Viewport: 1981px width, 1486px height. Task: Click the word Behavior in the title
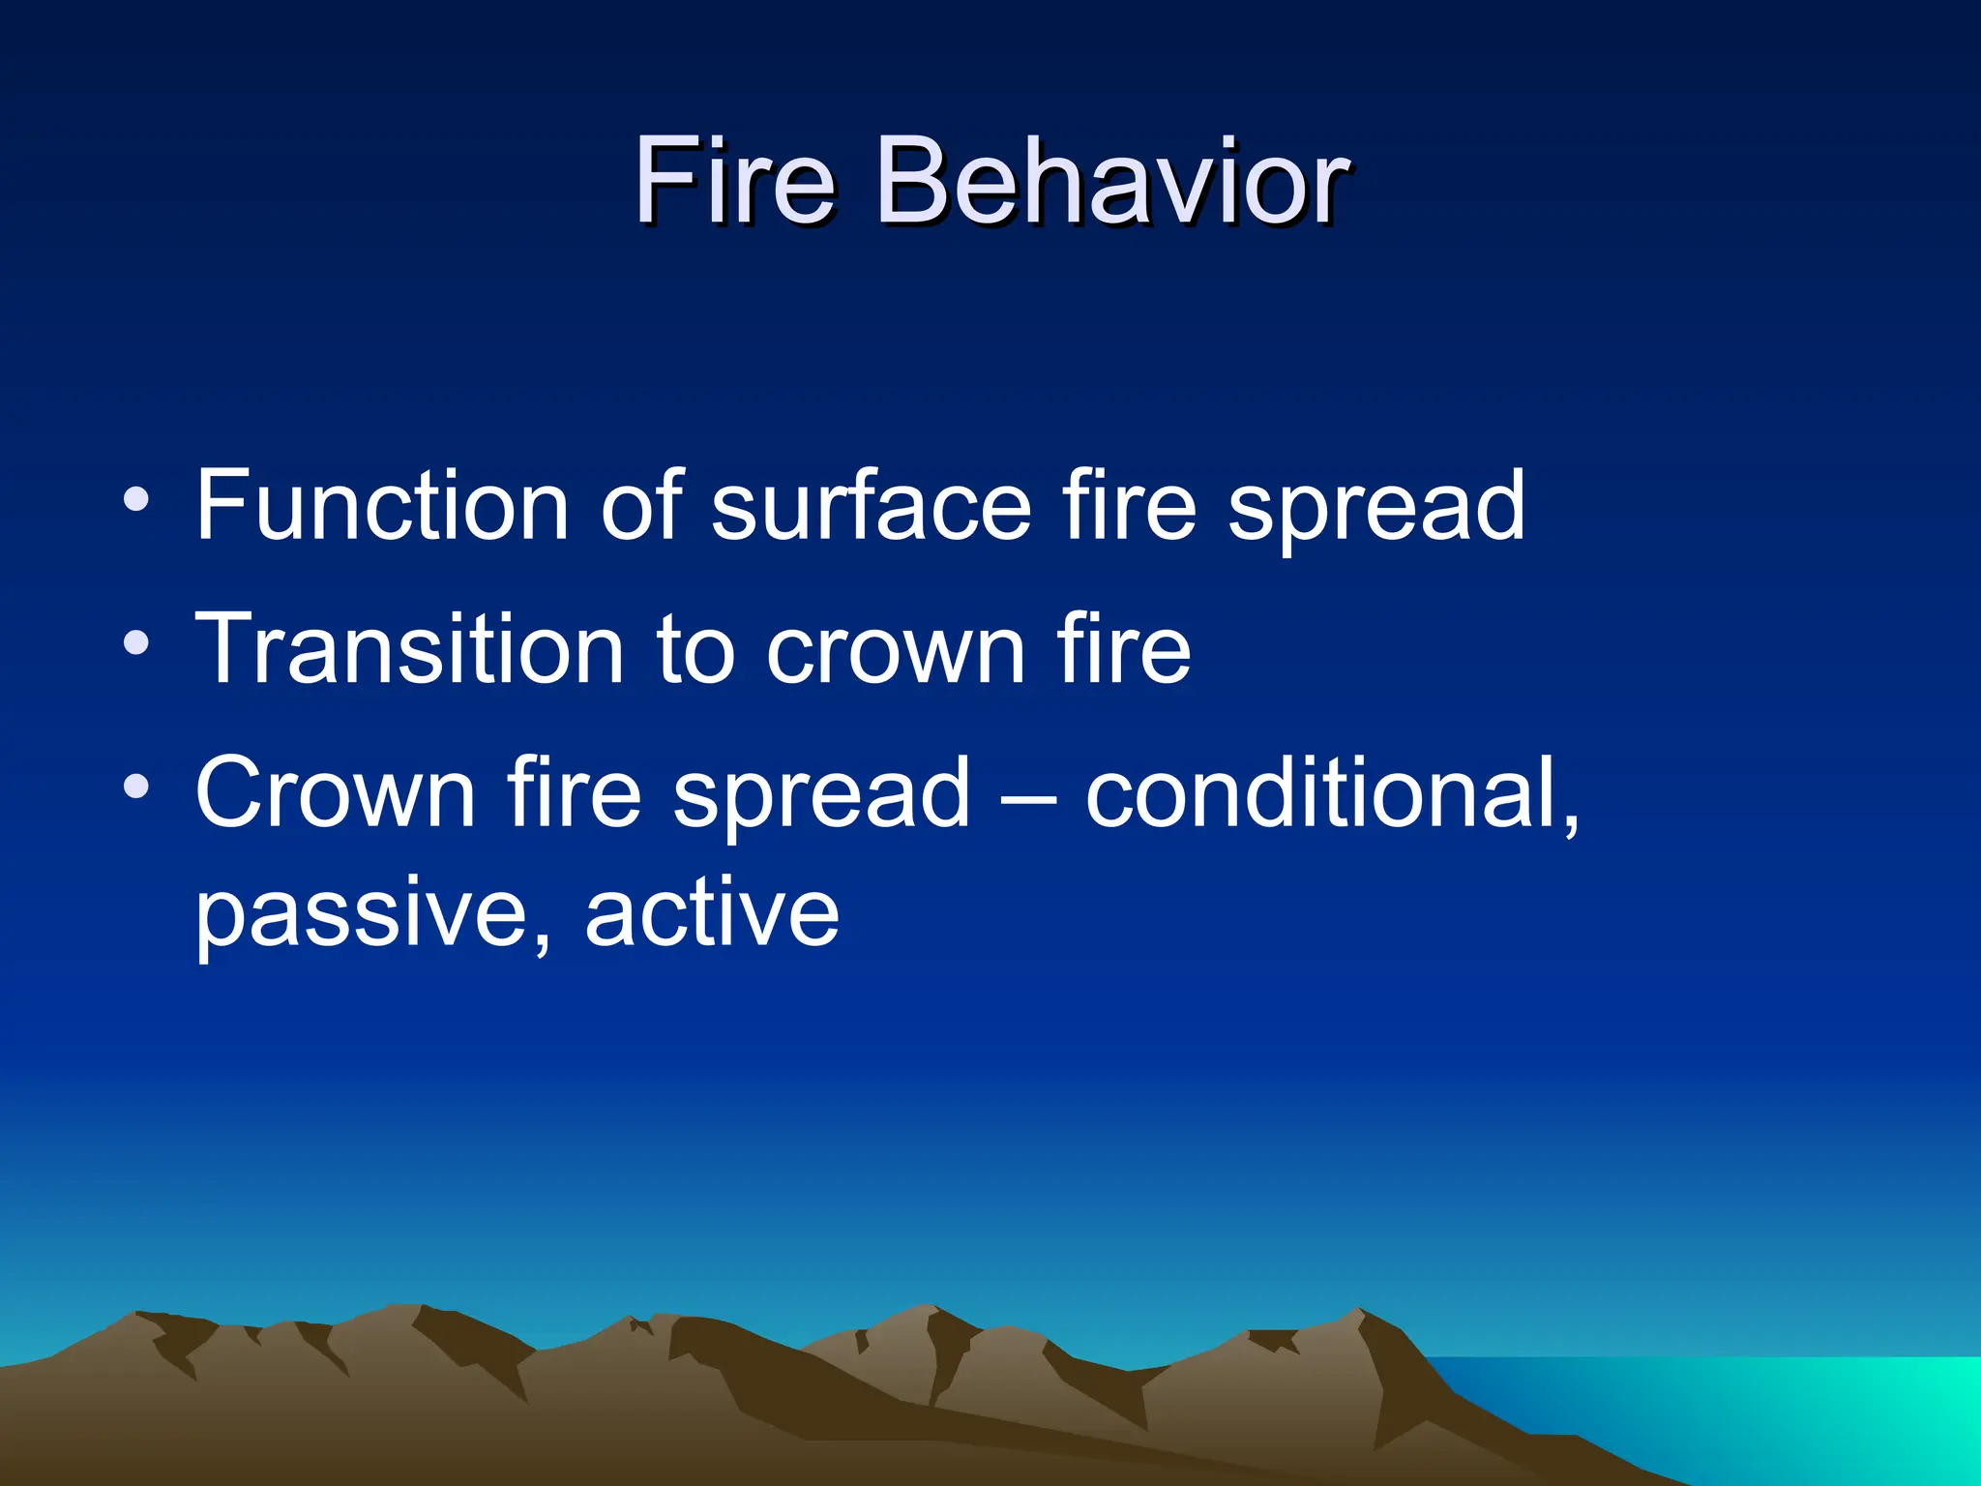[1111, 181]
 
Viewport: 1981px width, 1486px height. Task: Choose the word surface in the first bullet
[871, 505]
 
